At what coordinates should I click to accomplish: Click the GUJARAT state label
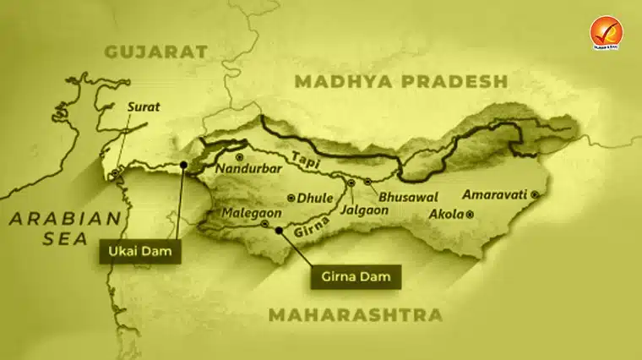click(x=155, y=52)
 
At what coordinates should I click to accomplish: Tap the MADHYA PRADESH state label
click(x=401, y=81)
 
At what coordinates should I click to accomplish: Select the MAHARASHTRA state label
click(x=356, y=315)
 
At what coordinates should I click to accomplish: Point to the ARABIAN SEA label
click(x=65, y=227)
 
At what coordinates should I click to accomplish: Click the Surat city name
click(x=143, y=107)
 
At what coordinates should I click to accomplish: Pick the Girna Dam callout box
click(x=355, y=276)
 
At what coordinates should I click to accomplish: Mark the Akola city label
click(x=447, y=214)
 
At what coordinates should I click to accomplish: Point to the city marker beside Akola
click(x=470, y=215)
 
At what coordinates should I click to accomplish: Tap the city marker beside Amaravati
click(x=534, y=194)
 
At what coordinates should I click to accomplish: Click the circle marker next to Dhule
click(x=291, y=198)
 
